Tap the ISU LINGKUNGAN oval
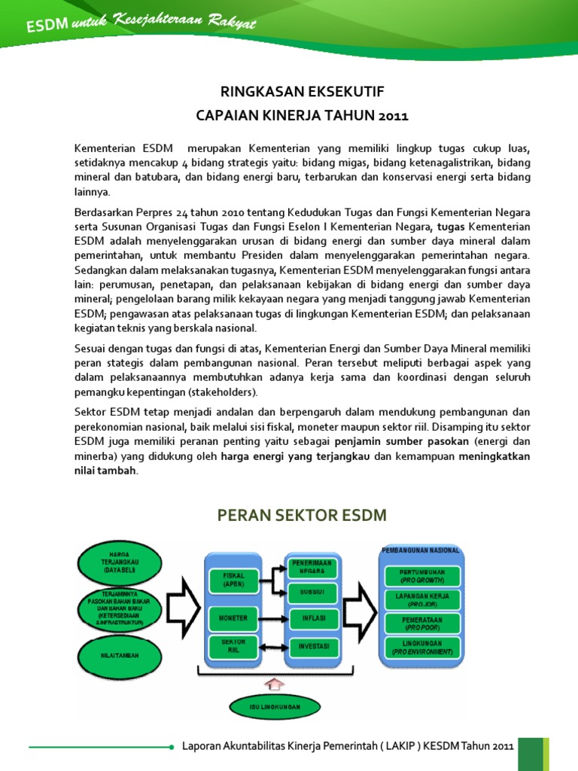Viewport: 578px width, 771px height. [275, 707]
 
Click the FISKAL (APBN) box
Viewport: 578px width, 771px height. [234, 579]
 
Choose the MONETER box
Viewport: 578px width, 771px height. [233, 617]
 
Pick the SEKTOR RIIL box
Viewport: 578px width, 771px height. [233, 647]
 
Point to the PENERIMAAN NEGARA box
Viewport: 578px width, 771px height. [313, 566]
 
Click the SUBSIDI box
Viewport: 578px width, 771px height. [313, 592]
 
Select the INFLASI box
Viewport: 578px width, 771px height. [313, 619]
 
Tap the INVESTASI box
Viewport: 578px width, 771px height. [313, 647]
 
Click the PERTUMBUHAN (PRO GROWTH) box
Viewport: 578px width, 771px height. [422, 576]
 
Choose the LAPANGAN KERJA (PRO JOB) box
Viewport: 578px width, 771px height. [422, 599]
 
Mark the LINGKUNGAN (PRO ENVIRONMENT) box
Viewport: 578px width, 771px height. [422, 648]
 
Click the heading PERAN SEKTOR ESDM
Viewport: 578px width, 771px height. [301, 515]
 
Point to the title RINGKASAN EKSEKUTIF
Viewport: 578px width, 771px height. [302, 92]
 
